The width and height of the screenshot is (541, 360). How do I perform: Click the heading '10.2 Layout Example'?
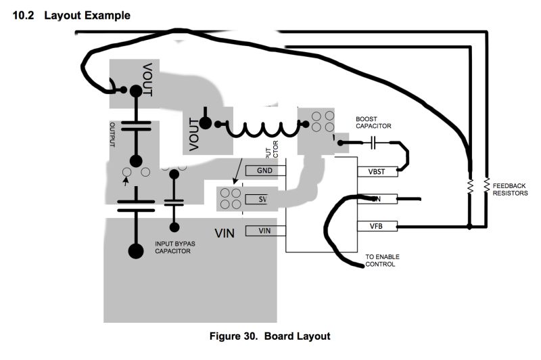[72, 15]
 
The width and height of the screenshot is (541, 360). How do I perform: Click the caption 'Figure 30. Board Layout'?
[270, 336]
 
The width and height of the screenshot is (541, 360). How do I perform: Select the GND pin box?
[264, 171]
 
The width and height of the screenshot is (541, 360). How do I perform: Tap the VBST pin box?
[376, 172]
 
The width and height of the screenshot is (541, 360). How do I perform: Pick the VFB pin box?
[376, 226]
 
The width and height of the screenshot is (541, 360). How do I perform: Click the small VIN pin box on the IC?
[264, 231]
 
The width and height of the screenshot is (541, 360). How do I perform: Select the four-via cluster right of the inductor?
[322, 120]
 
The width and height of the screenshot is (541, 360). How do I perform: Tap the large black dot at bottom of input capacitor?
[136, 252]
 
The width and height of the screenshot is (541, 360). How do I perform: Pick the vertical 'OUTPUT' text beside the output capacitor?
[113, 135]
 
